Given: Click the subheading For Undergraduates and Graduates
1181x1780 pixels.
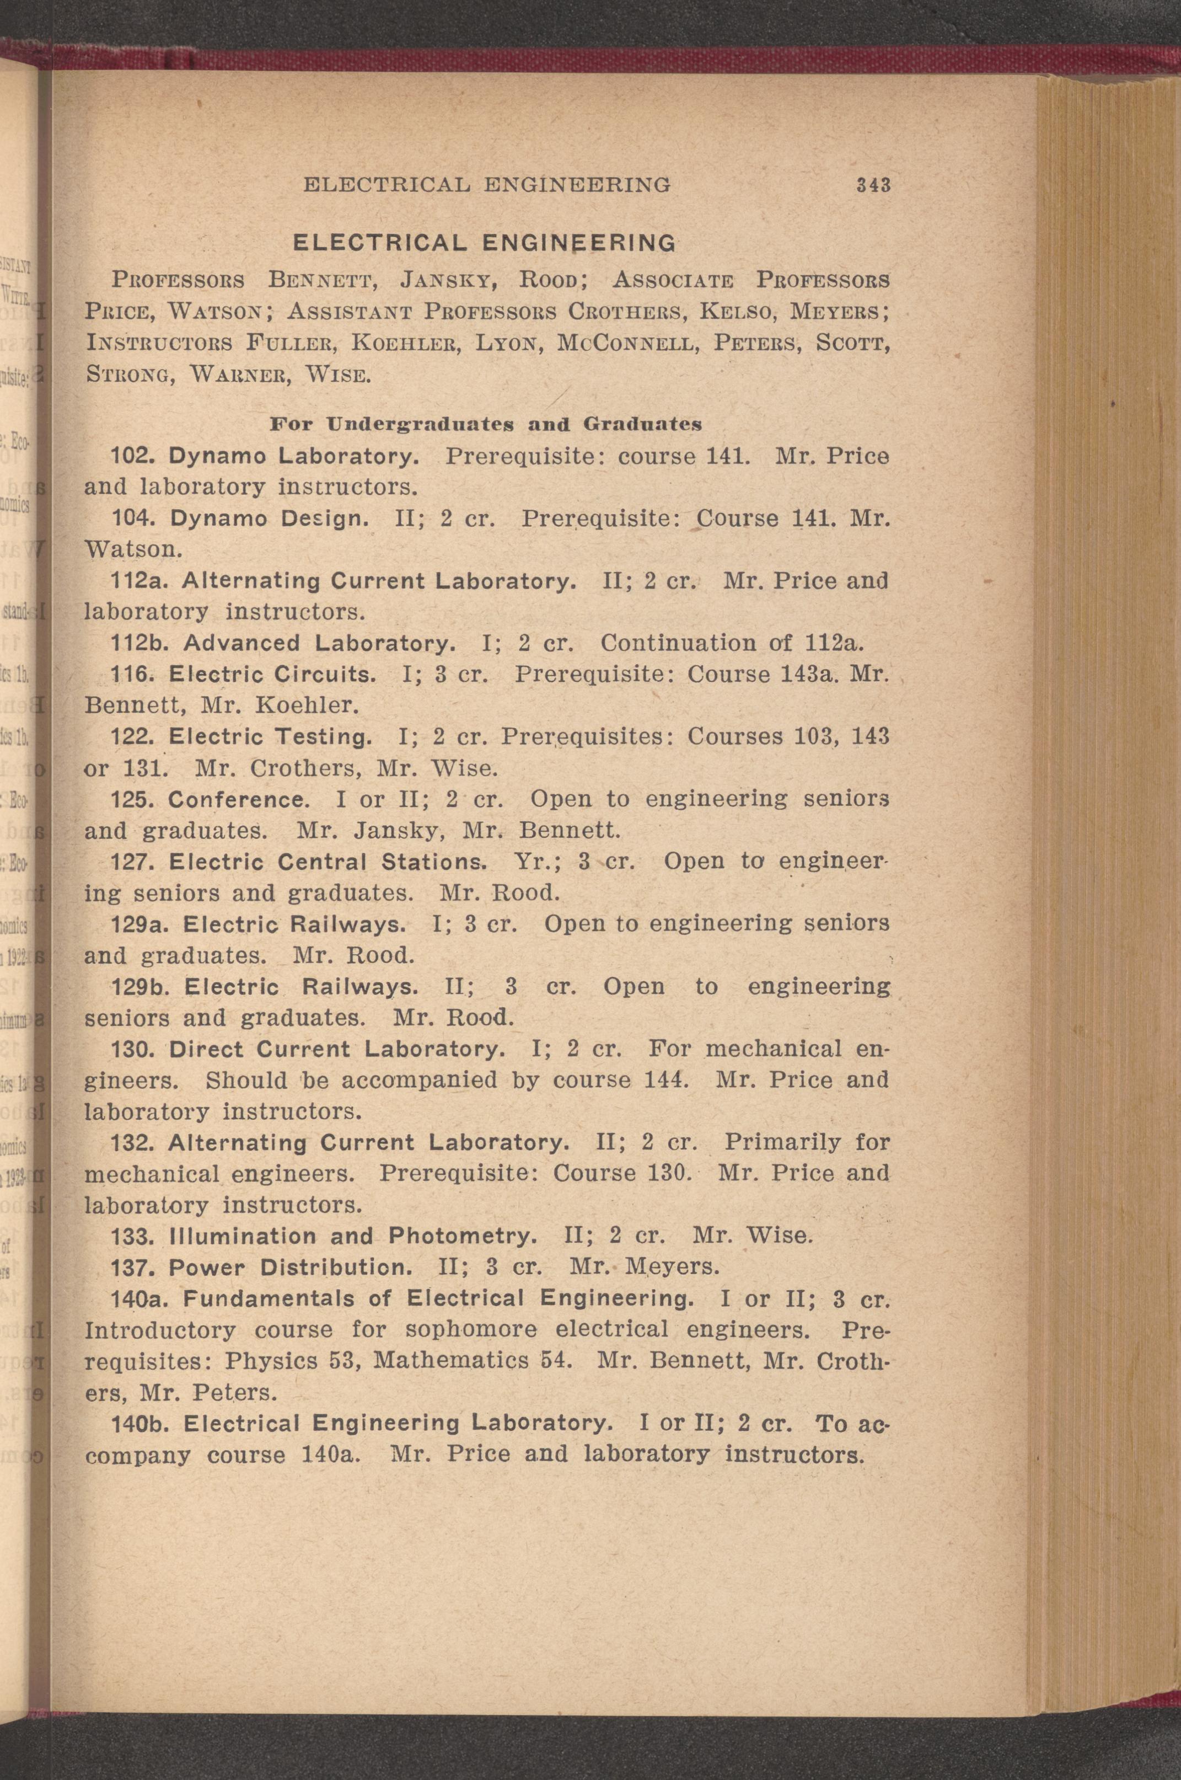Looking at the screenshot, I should [486, 424].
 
